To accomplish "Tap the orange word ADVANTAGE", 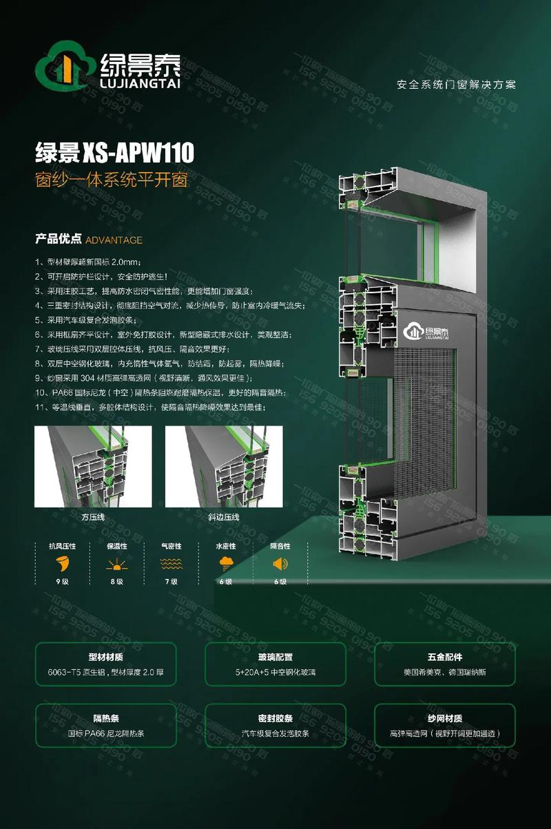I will (114, 240).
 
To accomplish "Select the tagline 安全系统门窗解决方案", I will (456, 85).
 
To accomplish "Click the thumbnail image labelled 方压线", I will (93, 466).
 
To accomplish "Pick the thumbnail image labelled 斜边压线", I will (224, 466).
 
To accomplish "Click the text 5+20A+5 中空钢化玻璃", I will (275, 672).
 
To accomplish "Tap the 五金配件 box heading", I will (445, 657).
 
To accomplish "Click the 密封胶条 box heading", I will (275, 717).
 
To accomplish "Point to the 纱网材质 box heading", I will (445, 717).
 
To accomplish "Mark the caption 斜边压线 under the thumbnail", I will (223, 516).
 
